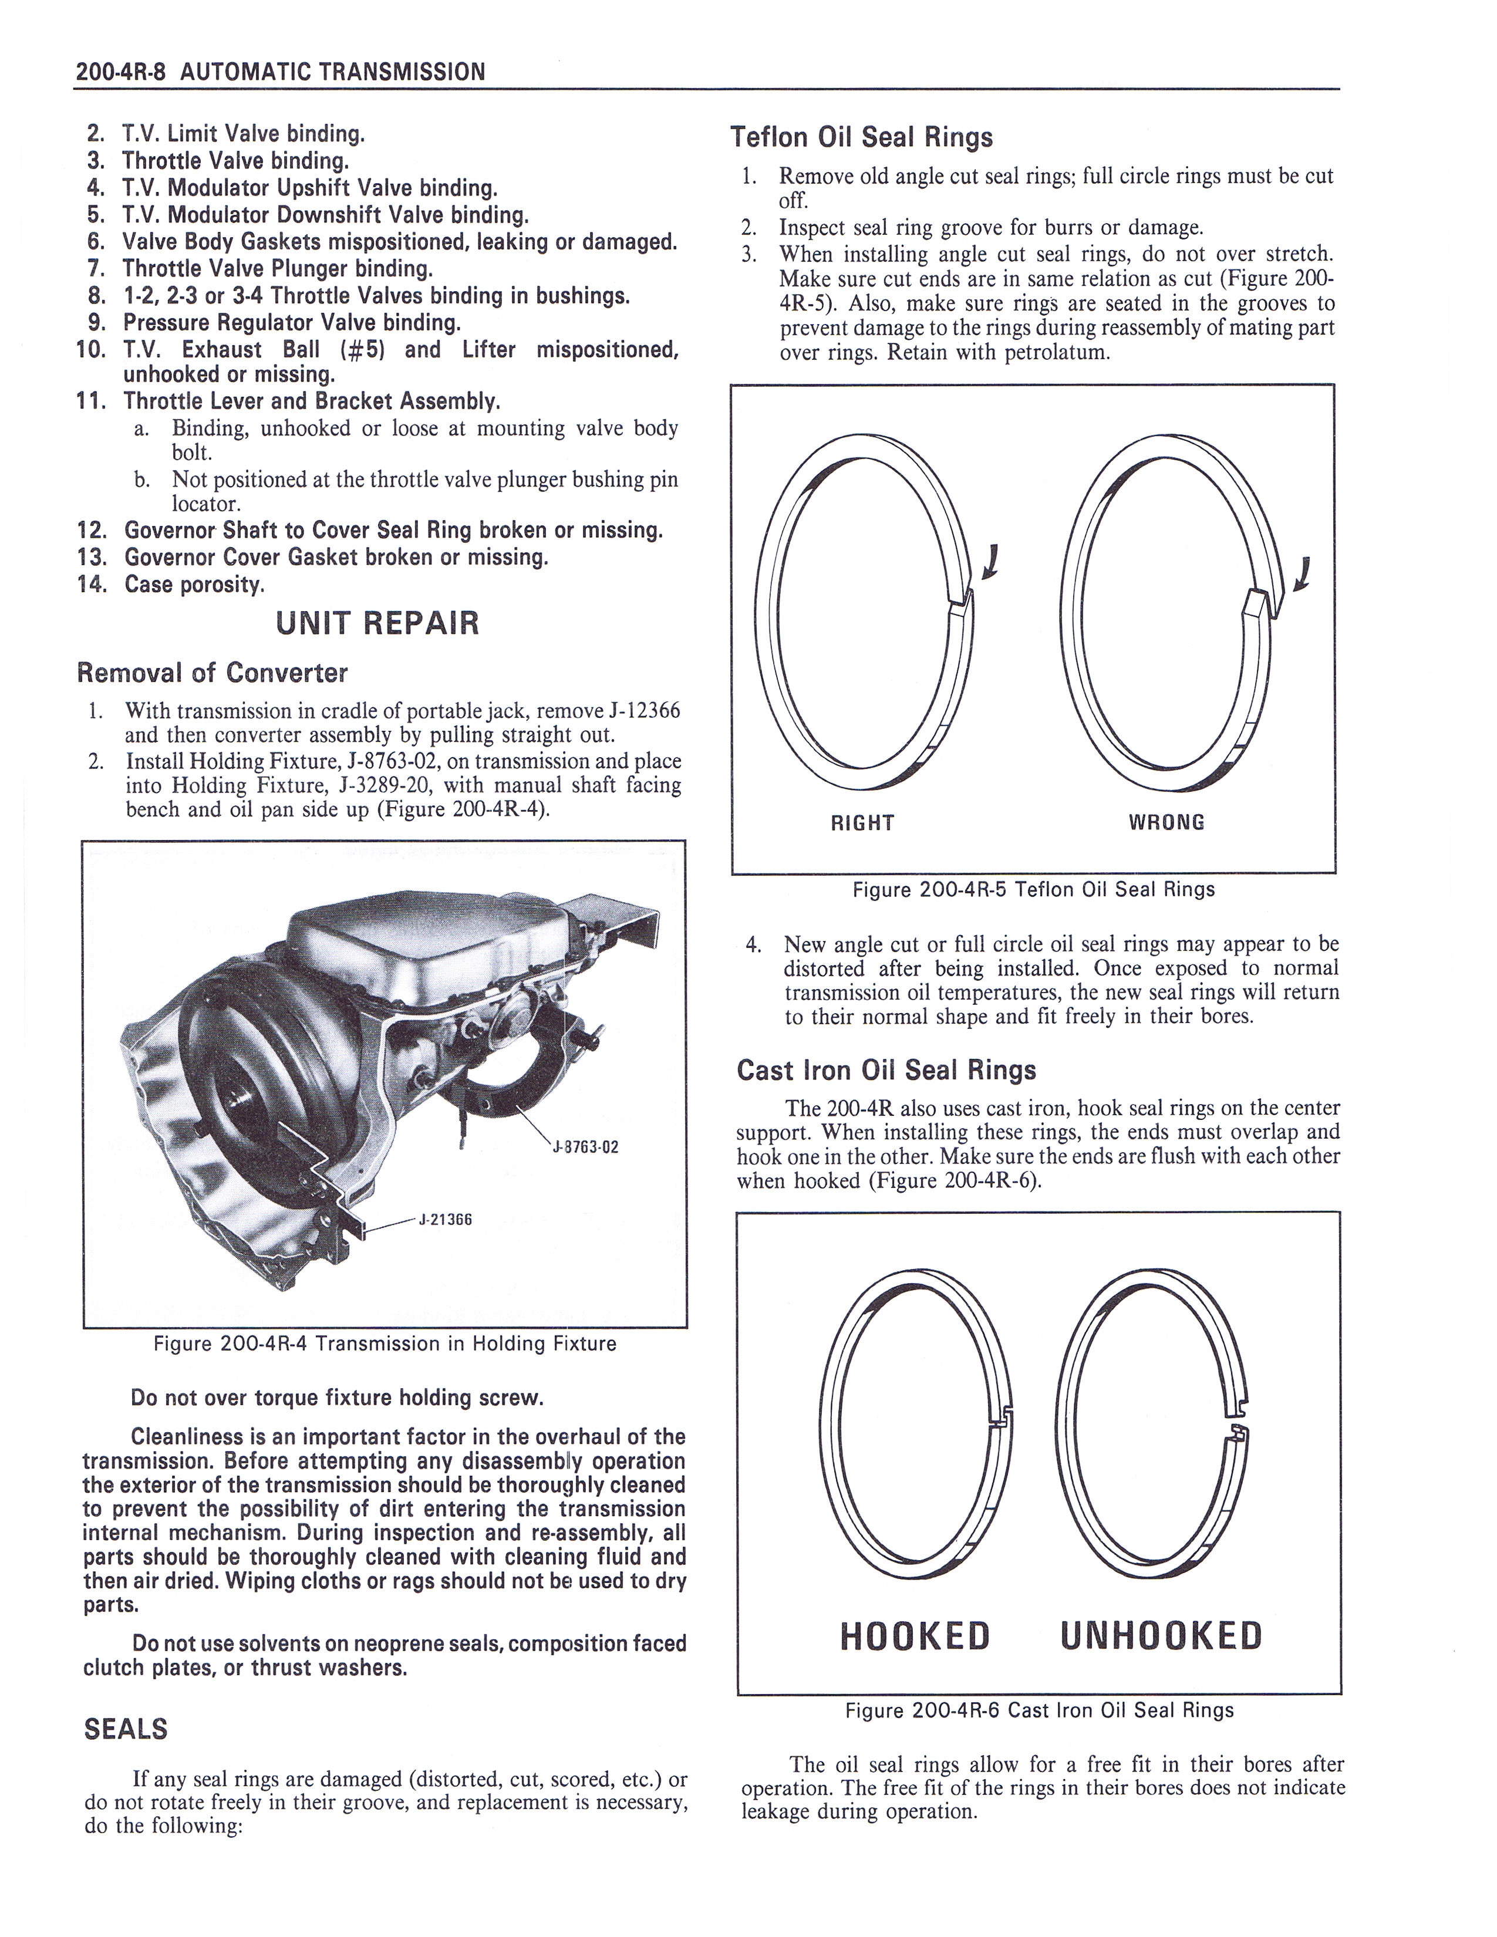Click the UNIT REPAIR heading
(x=377, y=623)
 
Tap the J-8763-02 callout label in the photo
(x=585, y=1147)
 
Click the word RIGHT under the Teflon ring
(x=862, y=823)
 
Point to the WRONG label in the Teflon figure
(x=1166, y=822)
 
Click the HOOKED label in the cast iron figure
(x=914, y=1637)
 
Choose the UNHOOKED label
(x=1161, y=1637)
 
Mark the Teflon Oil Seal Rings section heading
(x=861, y=137)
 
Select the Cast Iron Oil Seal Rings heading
(x=886, y=1071)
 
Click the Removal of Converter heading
(x=212, y=673)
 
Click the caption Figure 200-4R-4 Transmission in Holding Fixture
(x=385, y=1344)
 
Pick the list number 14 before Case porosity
(x=92, y=585)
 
